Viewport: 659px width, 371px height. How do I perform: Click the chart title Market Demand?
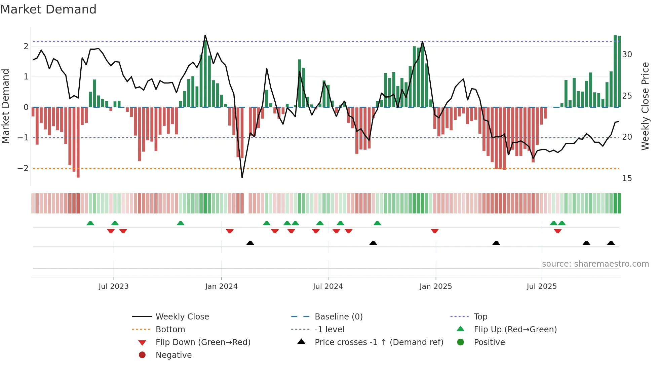48,9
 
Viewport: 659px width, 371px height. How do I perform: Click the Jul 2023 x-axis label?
113,286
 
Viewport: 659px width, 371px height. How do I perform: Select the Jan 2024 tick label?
221,286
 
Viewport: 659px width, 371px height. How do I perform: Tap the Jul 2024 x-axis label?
328,286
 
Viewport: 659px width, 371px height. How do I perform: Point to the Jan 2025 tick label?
435,286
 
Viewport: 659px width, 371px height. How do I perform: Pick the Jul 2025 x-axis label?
542,286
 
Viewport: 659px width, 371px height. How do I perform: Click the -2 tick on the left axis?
23,168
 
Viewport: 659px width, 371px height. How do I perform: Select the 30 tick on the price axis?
627,55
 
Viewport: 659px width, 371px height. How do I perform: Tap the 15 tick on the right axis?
627,178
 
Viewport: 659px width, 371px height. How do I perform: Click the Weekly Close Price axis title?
645,106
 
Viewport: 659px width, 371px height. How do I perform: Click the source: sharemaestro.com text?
595,264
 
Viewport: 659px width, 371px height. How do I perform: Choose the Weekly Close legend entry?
182,317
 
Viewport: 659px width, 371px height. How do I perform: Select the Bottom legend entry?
170,330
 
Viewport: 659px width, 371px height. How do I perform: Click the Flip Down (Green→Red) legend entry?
203,342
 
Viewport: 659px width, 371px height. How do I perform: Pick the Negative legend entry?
173,355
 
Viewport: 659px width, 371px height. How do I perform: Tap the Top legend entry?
480,317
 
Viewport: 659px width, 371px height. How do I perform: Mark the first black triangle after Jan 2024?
250,243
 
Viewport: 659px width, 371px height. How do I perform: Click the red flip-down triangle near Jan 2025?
435,231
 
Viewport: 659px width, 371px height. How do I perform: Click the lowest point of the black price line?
242,177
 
